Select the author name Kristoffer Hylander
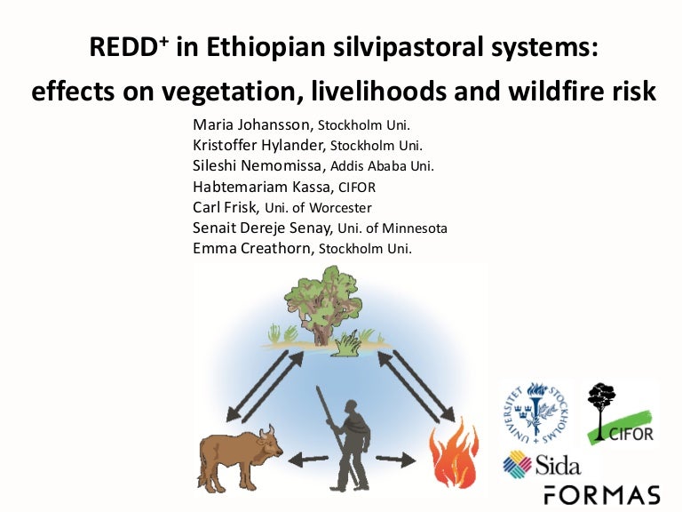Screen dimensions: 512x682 point(259,145)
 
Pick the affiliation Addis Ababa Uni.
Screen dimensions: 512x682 point(382,165)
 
